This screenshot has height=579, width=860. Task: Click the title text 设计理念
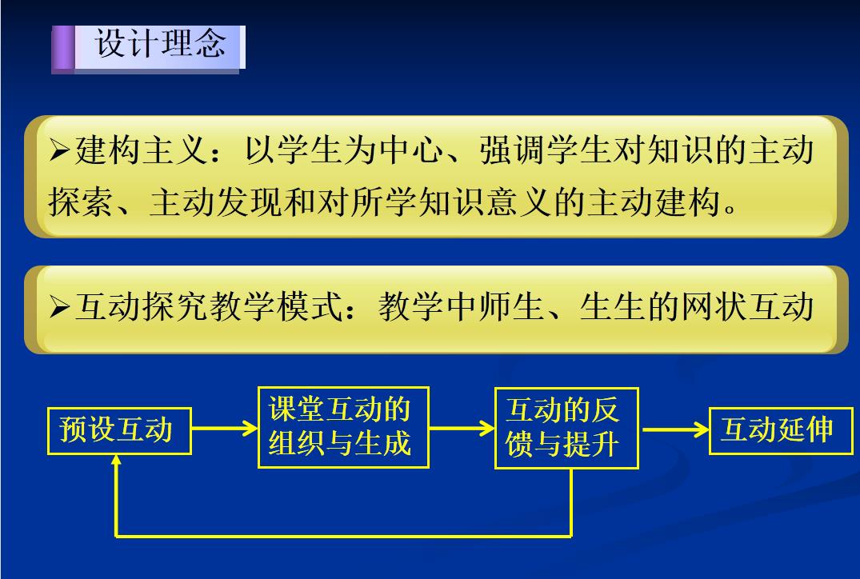[160, 43]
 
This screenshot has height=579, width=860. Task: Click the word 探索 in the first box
[81, 202]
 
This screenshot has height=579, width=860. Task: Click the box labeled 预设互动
[119, 431]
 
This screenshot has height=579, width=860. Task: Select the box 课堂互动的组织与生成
[343, 428]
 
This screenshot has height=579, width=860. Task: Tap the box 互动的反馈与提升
[566, 428]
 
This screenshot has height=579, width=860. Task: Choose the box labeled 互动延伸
[781, 431]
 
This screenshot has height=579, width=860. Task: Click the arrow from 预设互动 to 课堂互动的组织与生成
[225, 428]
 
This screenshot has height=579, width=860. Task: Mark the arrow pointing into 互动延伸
[676, 430]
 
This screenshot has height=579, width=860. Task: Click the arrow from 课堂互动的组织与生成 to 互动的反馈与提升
[462, 428]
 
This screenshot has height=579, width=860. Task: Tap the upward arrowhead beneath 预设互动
[116, 461]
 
